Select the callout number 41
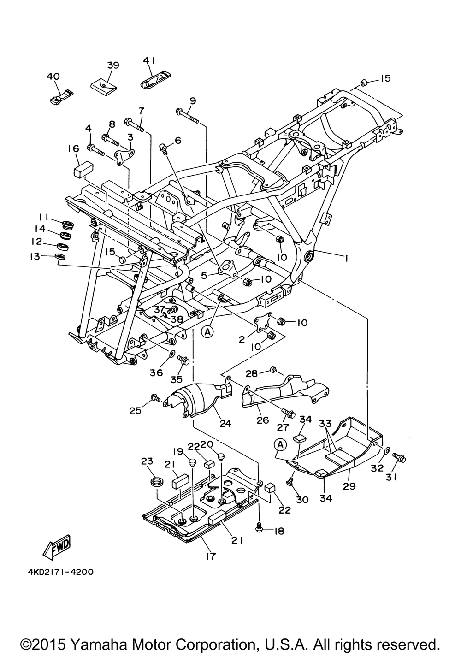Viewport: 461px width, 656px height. pyautogui.click(x=149, y=60)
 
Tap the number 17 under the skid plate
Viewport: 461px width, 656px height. pyautogui.click(x=211, y=556)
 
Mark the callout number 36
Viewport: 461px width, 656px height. pyautogui.click(x=156, y=372)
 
